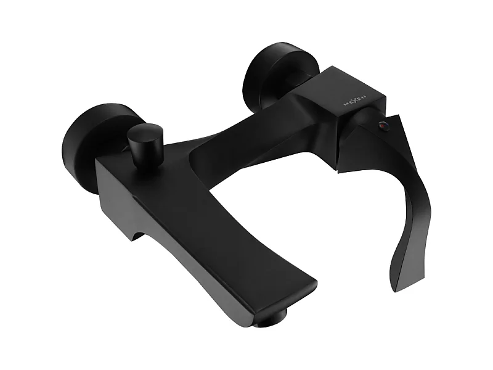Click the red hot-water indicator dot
(x=382, y=126)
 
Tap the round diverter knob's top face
(x=144, y=131)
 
